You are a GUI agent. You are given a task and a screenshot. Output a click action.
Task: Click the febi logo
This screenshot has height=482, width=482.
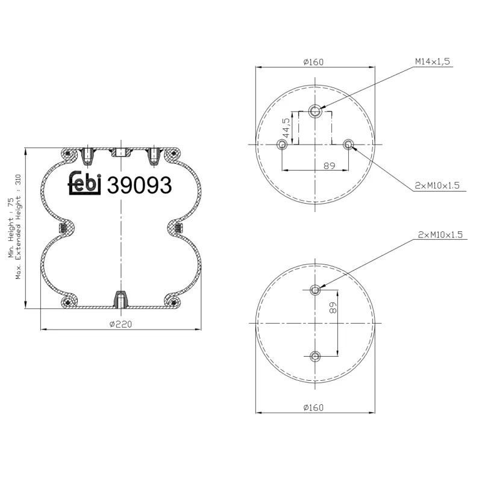84,185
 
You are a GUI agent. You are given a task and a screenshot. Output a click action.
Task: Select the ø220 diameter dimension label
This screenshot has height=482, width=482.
120,324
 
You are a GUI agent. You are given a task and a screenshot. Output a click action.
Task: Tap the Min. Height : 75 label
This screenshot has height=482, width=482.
10,228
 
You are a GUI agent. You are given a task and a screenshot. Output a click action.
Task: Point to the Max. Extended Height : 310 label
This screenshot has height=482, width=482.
19,227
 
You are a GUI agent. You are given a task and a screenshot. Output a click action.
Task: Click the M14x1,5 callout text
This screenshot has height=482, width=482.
432,61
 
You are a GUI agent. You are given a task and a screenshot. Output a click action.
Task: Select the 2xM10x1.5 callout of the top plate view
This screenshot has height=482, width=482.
437,186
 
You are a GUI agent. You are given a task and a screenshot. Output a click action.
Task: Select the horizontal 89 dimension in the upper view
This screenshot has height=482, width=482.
329,166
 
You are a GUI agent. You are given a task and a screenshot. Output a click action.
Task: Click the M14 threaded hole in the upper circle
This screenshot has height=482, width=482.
315,110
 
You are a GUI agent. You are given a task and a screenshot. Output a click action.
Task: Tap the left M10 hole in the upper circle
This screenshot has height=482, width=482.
282,144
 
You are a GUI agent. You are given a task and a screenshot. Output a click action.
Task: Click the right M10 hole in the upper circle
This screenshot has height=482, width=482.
348,144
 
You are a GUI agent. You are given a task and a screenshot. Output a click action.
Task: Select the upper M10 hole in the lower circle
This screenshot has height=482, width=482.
315,290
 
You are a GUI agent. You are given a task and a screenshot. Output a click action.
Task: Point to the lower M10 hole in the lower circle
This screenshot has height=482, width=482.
315,356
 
